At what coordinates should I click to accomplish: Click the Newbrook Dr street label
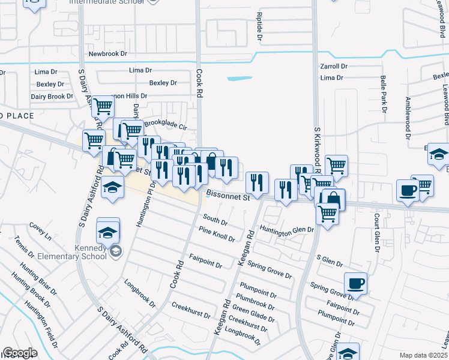coord(108,53)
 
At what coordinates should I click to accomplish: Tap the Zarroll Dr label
coord(334,66)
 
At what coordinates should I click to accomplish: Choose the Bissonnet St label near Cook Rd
coord(228,196)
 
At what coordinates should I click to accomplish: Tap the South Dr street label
coord(215,220)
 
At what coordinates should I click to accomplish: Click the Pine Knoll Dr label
coord(217,234)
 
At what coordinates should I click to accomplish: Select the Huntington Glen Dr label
coord(287,229)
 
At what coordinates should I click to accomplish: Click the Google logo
coord(20,353)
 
